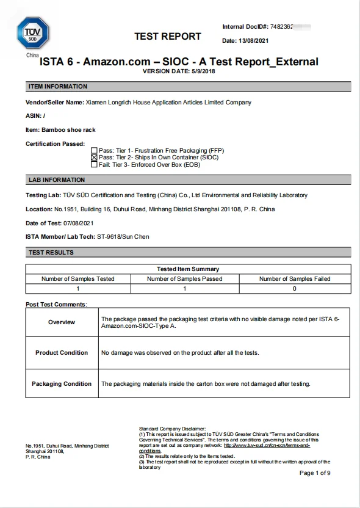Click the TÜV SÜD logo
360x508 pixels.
(x=33, y=33)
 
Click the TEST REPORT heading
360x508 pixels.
(x=168, y=37)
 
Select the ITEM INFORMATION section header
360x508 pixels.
(x=58, y=87)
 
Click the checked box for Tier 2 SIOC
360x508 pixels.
(x=94, y=157)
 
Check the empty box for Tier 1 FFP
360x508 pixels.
(x=94, y=150)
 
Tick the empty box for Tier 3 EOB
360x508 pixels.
(x=94, y=164)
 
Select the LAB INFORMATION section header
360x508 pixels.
(x=57, y=180)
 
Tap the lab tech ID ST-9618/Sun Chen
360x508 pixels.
(x=123, y=237)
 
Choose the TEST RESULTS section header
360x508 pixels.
(x=51, y=253)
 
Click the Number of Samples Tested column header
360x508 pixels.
(x=77, y=279)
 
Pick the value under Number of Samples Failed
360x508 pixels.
(x=295, y=288)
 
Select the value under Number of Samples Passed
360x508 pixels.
(x=184, y=288)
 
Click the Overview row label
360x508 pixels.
(x=62, y=322)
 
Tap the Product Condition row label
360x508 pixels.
(x=62, y=353)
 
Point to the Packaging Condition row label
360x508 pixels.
(x=62, y=384)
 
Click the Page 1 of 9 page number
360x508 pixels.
(x=315, y=473)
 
